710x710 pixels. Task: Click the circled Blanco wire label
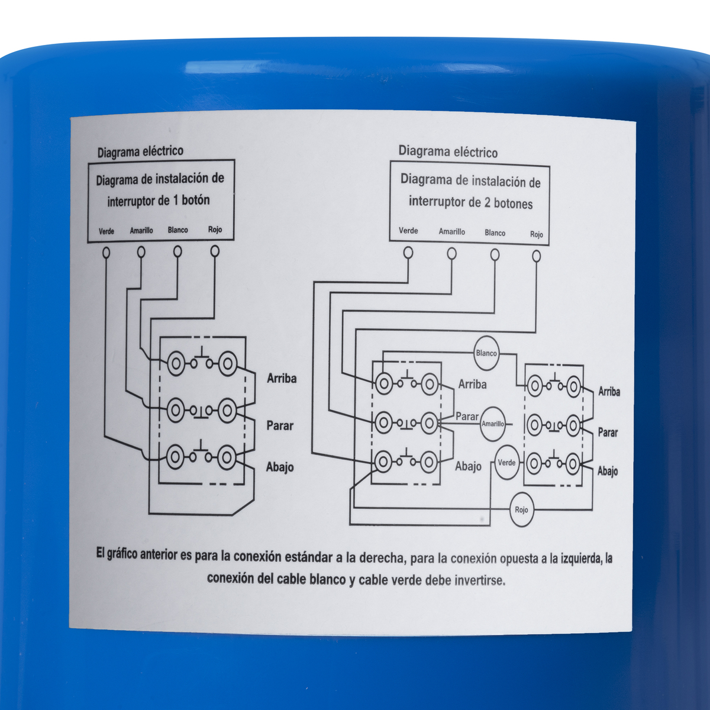[x=486, y=353]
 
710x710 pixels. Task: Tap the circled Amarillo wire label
[x=493, y=424]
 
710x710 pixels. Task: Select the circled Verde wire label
[x=506, y=463]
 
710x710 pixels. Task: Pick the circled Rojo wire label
[x=522, y=510]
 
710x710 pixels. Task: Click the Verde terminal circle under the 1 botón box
[x=106, y=253]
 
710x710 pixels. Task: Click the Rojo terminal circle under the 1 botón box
[x=215, y=251]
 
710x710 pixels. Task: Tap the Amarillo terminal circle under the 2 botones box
[x=451, y=253]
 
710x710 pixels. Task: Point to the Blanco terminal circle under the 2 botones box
[x=495, y=254]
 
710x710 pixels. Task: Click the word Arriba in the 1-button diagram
[x=282, y=379]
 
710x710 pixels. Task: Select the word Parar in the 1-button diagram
[x=280, y=425]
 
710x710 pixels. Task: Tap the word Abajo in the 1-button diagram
[x=280, y=467]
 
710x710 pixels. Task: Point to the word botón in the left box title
[x=196, y=200]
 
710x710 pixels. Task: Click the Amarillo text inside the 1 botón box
[x=141, y=230]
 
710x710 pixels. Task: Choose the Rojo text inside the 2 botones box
[x=537, y=234]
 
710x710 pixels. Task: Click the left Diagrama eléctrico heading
[x=140, y=151]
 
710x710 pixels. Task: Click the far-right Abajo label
[x=608, y=471]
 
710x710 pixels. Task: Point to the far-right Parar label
[x=608, y=432]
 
